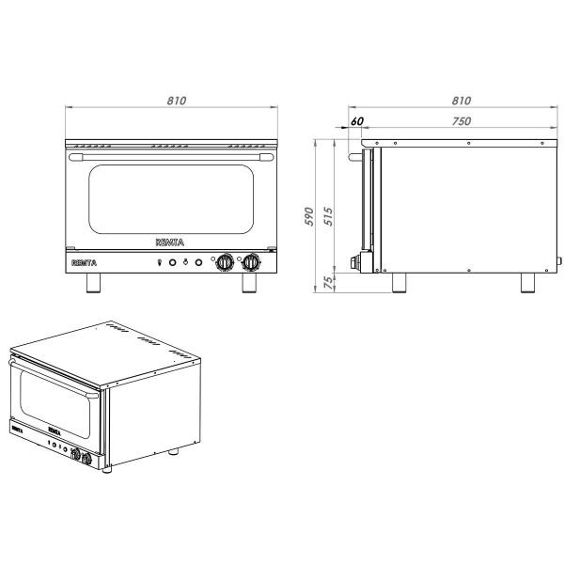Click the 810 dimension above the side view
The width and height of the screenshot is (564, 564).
pyautogui.click(x=461, y=101)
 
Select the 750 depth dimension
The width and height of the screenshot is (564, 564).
pyautogui.click(x=461, y=120)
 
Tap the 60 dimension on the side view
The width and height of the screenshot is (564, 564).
pyautogui.click(x=357, y=121)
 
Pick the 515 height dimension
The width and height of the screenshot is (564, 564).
pyautogui.click(x=329, y=217)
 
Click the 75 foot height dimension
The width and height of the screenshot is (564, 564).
pyautogui.click(x=329, y=283)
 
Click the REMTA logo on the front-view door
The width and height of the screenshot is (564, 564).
pyautogui.click(x=170, y=243)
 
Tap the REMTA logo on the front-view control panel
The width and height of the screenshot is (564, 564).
pyautogui.click(x=86, y=263)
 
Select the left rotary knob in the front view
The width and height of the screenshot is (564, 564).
pyautogui.click(x=226, y=263)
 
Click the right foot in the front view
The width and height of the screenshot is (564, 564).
pyautogui.click(x=249, y=285)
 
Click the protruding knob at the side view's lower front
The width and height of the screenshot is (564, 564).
pyautogui.click(x=354, y=263)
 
